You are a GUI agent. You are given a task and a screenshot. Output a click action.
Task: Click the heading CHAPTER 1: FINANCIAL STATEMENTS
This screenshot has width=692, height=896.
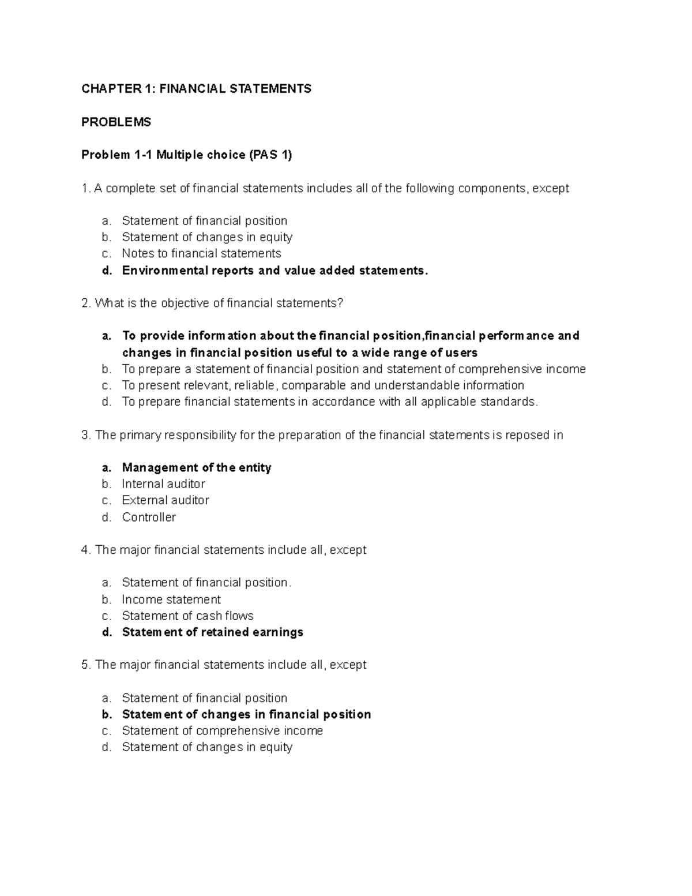coord(196,88)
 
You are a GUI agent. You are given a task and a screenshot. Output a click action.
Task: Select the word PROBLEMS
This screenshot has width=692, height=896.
coord(116,122)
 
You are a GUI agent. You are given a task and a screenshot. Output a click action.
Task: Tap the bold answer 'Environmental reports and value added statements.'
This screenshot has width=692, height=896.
coord(275,271)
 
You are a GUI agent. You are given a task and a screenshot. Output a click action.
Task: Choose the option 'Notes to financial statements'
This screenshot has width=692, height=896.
coord(201,253)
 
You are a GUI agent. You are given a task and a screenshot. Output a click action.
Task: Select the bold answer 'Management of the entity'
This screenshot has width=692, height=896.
coord(196,467)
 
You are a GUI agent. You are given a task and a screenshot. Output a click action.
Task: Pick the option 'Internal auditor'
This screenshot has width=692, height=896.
coord(163,483)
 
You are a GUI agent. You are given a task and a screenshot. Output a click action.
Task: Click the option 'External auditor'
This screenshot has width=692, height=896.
coord(165,500)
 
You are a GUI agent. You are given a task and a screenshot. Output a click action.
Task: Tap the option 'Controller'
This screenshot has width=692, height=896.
coord(149,517)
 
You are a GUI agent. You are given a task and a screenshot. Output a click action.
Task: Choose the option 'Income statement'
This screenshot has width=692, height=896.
coord(171,599)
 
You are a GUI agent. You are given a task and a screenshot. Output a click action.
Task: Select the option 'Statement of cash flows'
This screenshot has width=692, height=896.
coord(187,616)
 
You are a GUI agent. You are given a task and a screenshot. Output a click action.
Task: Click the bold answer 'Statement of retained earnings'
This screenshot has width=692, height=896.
coord(212,632)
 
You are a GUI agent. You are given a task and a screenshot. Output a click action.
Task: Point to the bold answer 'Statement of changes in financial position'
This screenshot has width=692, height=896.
coord(246,714)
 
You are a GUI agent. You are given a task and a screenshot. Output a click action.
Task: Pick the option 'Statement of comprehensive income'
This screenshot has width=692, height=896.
coord(222,731)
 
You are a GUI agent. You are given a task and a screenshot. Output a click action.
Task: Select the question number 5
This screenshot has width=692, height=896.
coord(86,665)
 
